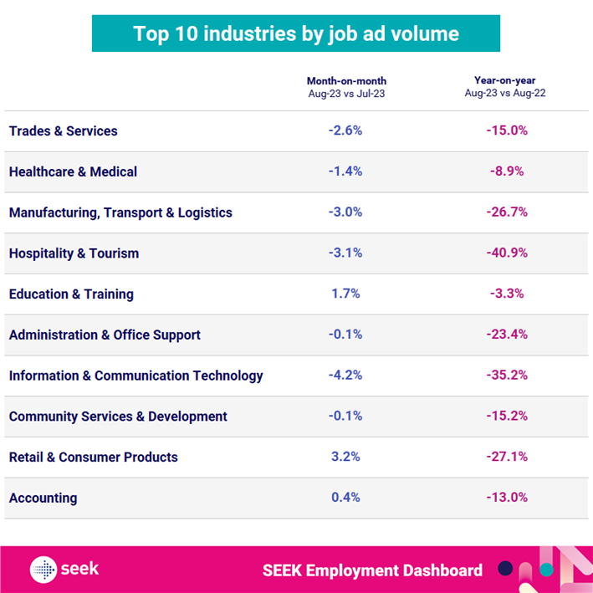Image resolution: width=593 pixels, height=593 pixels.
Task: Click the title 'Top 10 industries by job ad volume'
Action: coord(296,33)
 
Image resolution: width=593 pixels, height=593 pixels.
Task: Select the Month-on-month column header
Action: coord(346,86)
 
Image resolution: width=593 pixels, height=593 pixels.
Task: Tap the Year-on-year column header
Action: coord(506,86)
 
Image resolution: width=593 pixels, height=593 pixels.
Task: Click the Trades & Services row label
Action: coord(64,131)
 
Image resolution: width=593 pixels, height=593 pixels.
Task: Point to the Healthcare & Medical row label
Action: coord(73,172)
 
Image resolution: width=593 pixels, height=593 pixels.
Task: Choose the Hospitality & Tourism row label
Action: coord(74,253)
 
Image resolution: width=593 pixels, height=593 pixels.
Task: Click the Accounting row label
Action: coord(43,498)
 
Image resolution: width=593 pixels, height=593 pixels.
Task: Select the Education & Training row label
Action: coord(71,294)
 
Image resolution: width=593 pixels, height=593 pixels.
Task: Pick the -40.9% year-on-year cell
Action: coord(507,253)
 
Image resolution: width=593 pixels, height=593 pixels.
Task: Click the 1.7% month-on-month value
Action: coord(346,294)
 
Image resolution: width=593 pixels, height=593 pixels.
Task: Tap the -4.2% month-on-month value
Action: coord(346,376)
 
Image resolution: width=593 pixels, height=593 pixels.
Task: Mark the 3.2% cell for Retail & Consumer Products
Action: coord(346,458)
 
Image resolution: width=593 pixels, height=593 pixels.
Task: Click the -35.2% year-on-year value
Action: coord(507,376)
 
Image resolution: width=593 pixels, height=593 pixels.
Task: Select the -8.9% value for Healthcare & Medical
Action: coord(507,172)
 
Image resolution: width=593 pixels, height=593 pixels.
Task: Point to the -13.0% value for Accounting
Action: coord(507,498)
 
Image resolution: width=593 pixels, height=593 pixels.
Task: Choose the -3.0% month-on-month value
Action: coord(346,212)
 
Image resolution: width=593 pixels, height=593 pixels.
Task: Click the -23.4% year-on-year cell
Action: coord(507,335)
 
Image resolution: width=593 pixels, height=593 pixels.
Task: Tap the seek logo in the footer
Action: coord(64,570)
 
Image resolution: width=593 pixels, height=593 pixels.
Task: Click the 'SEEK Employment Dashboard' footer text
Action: coord(372,570)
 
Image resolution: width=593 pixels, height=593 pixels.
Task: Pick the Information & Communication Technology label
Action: coord(135,376)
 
